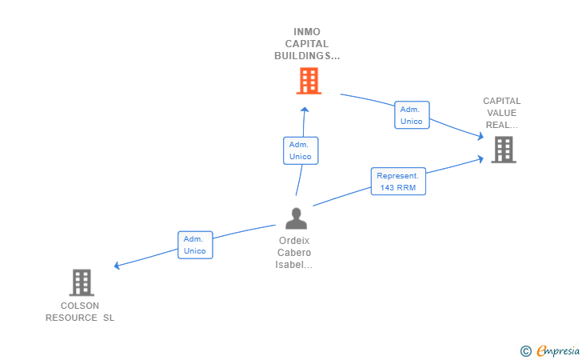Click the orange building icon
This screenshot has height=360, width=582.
[309, 81]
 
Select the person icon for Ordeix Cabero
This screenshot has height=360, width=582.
[296, 218]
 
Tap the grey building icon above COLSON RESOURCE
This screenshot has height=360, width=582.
[82, 282]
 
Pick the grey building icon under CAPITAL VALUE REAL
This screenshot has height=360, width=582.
[504, 150]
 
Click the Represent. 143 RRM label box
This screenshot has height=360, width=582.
[398, 182]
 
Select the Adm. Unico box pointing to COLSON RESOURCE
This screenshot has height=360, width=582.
[195, 245]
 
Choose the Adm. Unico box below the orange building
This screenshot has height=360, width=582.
[301, 150]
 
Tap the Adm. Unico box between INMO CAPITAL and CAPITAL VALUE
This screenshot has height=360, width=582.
[412, 114]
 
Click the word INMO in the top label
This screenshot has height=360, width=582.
[307, 32]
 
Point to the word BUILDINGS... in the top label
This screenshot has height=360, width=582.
[307, 56]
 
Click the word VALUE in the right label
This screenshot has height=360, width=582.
[502, 113]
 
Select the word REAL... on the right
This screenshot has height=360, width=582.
[502, 125]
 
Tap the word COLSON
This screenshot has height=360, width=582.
[80, 306]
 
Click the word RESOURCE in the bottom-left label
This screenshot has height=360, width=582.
[71, 318]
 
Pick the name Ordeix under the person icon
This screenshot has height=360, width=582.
[294, 241]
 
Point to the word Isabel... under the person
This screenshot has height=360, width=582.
[294, 265]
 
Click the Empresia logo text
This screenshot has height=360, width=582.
[558, 351]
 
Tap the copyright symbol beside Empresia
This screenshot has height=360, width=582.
[526, 351]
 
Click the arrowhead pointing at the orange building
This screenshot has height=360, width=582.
[305, 110]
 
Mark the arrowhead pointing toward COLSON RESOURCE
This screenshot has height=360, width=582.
[117, 266]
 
